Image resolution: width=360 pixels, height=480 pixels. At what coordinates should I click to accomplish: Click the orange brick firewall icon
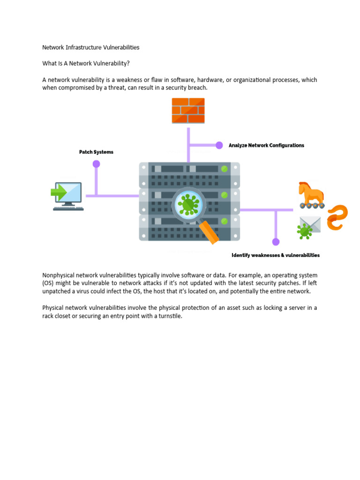click(x=188, y=110)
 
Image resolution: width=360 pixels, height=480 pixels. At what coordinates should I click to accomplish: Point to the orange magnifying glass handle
click(x=209, y=232)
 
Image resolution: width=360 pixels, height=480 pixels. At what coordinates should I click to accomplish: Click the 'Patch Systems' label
click(x=96, y=152)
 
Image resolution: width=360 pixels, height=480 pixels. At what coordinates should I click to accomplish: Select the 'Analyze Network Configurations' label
click(x=266, y=145)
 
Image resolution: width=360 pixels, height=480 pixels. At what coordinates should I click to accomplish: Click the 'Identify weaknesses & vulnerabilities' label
click(x=276, y=255)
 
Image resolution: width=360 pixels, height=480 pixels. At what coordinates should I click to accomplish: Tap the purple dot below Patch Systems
click(x=96, y=164)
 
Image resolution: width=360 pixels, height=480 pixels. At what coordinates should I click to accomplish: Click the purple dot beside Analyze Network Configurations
click(x=219, y=145)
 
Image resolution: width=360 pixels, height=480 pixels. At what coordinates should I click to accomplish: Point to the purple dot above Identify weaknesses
click(x=276, y=242)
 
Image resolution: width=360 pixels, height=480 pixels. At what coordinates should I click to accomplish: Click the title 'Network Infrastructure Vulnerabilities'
click(x=91, y=47)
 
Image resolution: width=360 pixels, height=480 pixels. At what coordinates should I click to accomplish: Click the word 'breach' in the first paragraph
click(x=197, y=88)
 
